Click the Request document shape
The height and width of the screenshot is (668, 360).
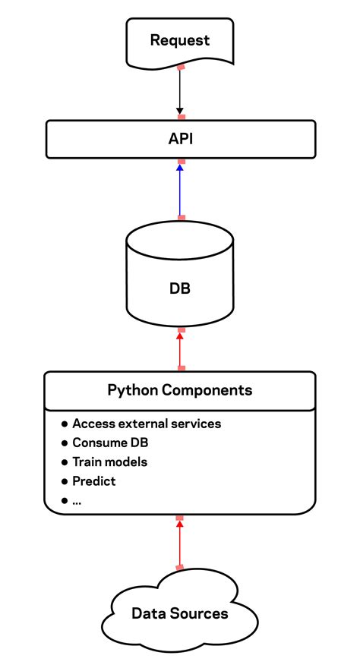tap(180, 41)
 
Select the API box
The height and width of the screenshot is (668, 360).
tap(180, 139)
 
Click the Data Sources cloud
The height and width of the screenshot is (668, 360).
tap(180, 613)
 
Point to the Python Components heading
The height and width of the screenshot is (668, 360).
tap(180, 391)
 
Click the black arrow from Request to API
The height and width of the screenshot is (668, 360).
tap(180, 93)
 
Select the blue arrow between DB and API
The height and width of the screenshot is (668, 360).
tap(180, 190)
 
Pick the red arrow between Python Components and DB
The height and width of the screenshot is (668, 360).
tap(180, 349)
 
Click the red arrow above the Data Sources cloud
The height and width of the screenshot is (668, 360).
tap(180, 543)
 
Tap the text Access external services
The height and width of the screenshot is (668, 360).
tap(147, 424)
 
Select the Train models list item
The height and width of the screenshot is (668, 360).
tap(110, 462)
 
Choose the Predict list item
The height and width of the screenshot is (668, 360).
tap(94, 481)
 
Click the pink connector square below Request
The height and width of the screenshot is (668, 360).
tap(181, 68)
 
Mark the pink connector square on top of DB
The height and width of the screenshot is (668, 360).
tap(181, 218)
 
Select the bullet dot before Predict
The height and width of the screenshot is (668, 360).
tap(65, 481)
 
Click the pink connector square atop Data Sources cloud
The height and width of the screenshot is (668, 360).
tap(180, 567)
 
